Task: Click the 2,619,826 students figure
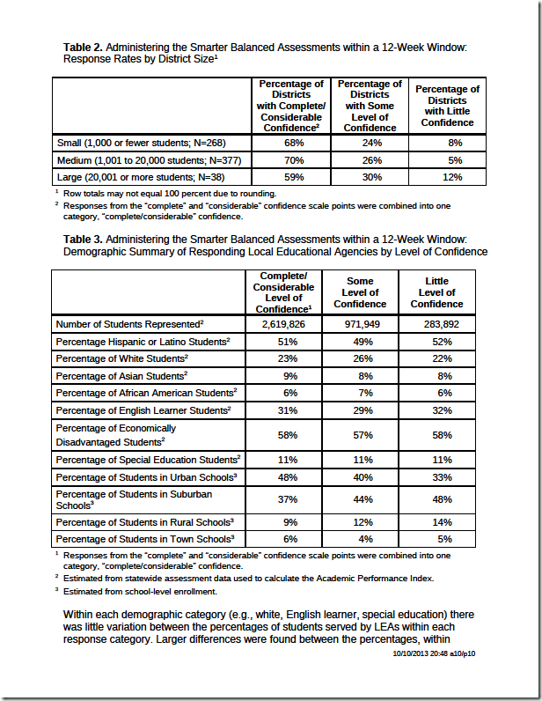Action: click(x=283, y=324)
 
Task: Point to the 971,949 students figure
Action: click(x=360, y=324)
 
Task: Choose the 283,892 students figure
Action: click(x=436, y=324)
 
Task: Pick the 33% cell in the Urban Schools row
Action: click(x=436, y=476)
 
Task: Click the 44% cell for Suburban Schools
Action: click(x=360, y=499)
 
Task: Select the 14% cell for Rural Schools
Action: click(x=436, y=522)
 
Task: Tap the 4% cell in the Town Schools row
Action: click(x=360, y=539)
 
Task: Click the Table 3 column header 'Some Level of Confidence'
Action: click(x=360, y=292)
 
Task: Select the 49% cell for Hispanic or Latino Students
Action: click(x=360, y=341)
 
